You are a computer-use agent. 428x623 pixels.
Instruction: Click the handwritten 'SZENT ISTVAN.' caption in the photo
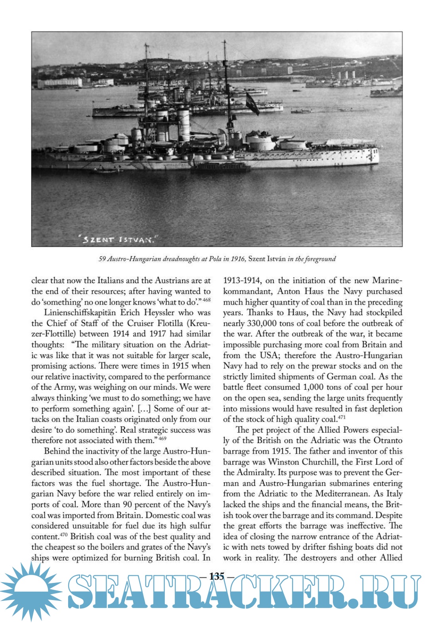click(x=118, y=239)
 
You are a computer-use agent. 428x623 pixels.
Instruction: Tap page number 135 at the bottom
click(x=217, y=576)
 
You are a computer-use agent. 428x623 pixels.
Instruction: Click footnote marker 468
click(x=206, y=300)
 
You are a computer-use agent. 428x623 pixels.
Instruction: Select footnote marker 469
click(x=162, y=438)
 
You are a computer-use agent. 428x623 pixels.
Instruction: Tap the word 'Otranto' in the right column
click(x=388, y=441)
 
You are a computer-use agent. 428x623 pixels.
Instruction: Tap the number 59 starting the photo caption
click(x=102, y=259)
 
